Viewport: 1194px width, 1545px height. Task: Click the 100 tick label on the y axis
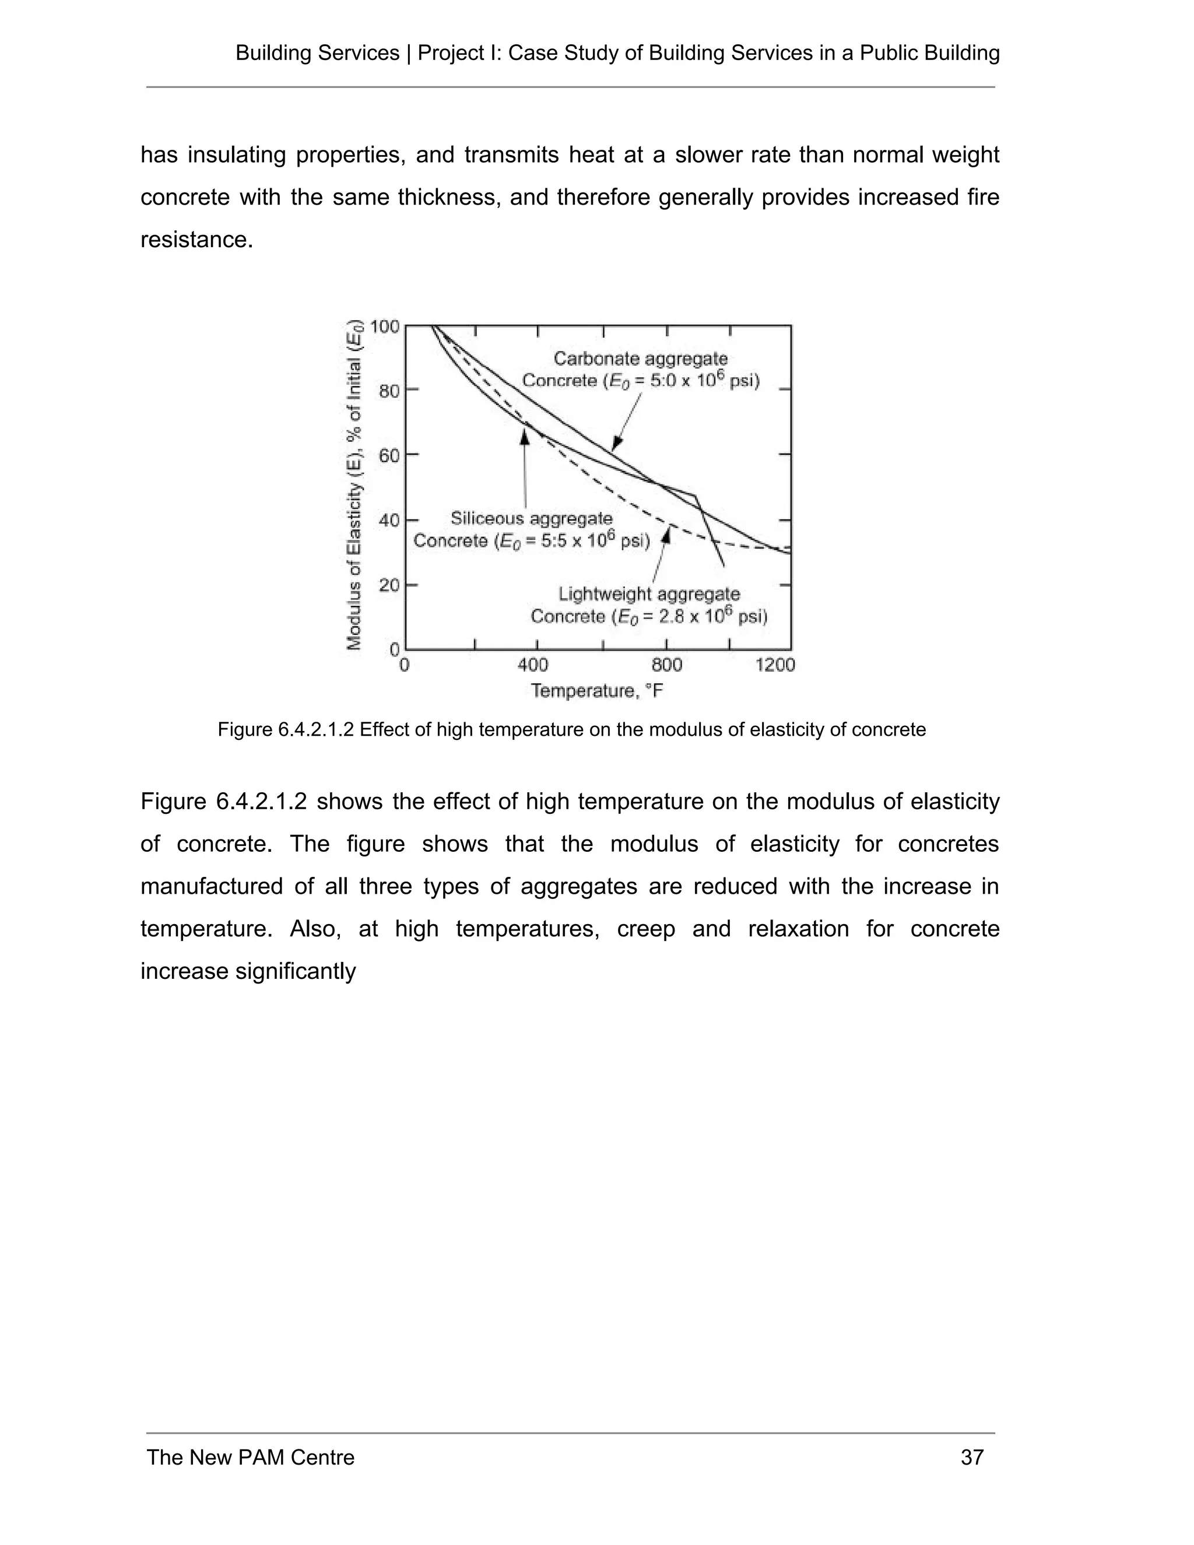[x=385, y=327]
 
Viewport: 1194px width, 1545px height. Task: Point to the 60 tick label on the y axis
[x=389, y=455]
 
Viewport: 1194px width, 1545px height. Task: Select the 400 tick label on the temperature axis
[x=533, y=665]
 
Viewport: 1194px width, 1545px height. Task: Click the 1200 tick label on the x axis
[x=775, y=665]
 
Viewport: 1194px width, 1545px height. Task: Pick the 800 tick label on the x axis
[x=666, y=665]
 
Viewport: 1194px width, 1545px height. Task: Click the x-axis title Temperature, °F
[x=597, y=690]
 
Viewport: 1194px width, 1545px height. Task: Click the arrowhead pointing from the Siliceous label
[x=524, y=437]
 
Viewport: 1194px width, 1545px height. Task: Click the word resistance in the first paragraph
[x=196, y=240]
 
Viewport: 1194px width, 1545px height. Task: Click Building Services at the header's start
[x=317, y=53]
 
